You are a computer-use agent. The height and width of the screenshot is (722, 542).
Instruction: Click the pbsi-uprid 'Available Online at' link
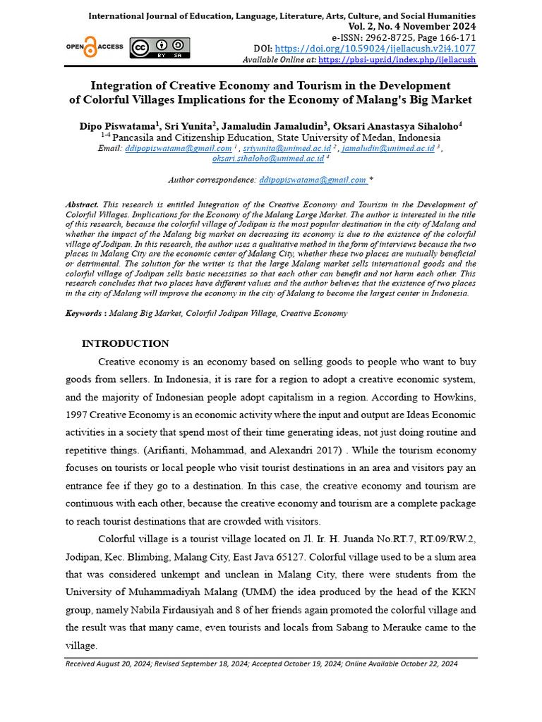pos(397,60)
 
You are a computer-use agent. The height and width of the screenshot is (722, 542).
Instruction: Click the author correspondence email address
pos(313,180)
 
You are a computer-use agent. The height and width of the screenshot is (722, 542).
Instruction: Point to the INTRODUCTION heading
pos(126,344)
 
